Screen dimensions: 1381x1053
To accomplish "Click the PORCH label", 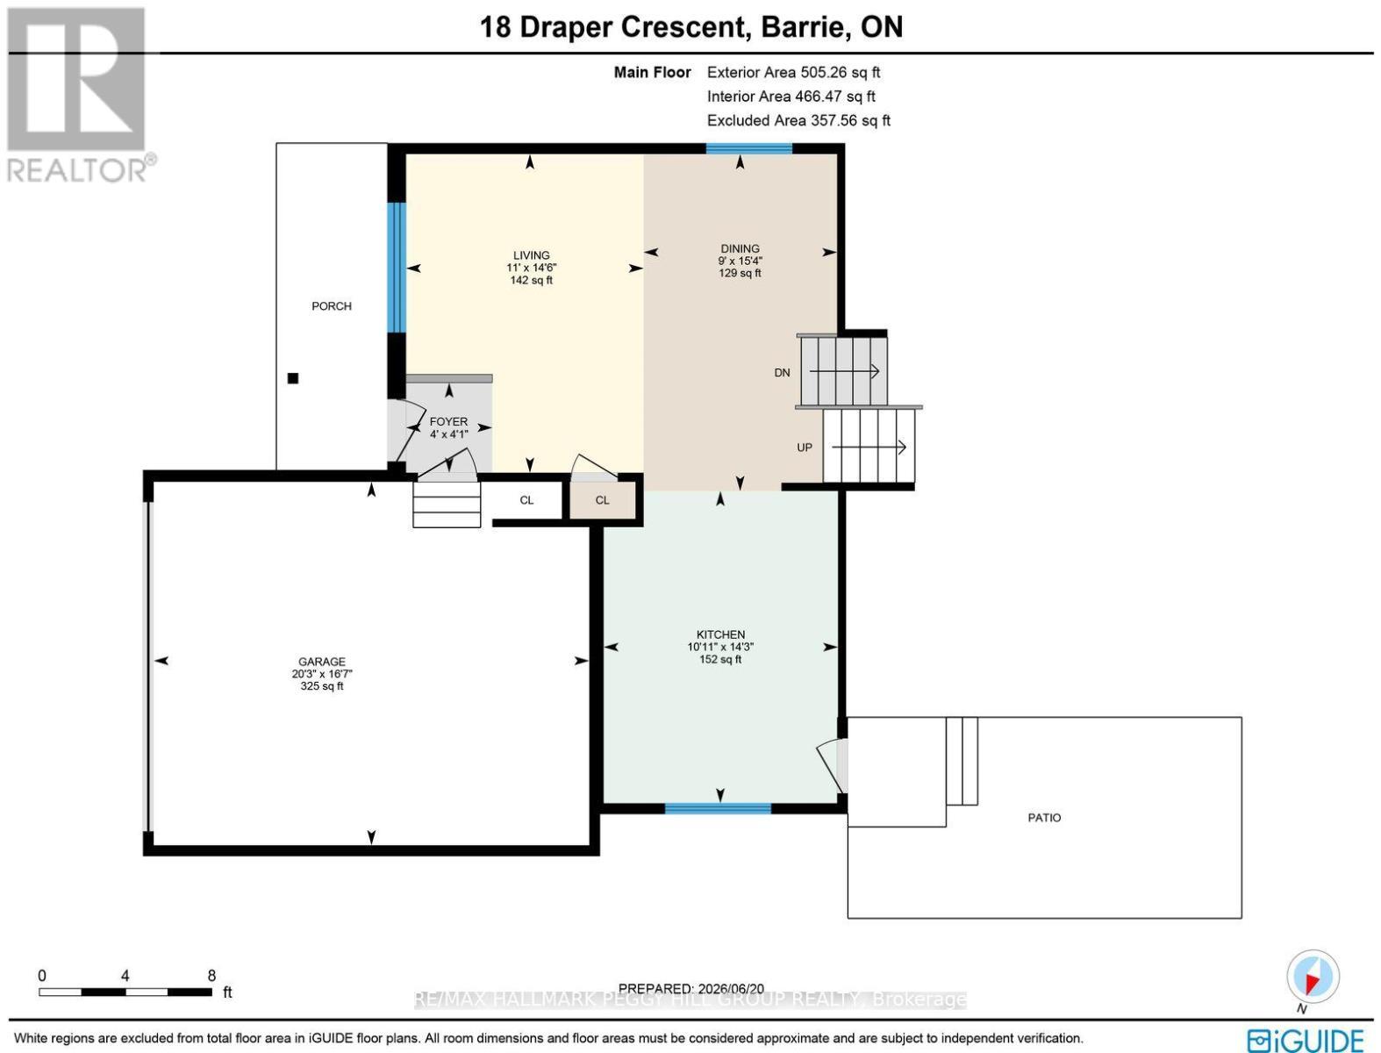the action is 332,306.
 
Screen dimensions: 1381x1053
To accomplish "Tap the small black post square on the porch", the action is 292,378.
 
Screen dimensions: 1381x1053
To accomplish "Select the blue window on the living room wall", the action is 396,268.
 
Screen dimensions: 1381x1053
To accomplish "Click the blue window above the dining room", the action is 748,148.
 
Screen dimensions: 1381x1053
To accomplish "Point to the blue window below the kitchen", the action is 718,809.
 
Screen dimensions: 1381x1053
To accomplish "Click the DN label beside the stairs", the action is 782,373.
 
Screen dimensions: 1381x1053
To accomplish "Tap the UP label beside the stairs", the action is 805,448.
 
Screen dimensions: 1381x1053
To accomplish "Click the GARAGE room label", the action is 321,662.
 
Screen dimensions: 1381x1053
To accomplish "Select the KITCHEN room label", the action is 720,634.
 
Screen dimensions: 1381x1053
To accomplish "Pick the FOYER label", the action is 448,421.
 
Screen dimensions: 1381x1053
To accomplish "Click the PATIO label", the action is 1044,818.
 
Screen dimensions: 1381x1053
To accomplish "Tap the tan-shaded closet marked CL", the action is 602,500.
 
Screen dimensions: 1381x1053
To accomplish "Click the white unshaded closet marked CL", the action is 526,500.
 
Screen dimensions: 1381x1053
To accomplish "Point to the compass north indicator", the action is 1313,977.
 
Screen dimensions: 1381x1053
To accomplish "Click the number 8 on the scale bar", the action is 212,976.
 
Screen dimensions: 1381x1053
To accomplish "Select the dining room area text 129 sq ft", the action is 740,273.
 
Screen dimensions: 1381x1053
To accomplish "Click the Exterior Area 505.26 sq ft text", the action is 793,72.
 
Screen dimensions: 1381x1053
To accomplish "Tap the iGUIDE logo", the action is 1306,1040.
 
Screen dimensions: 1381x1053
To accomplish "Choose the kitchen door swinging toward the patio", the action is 832,764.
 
